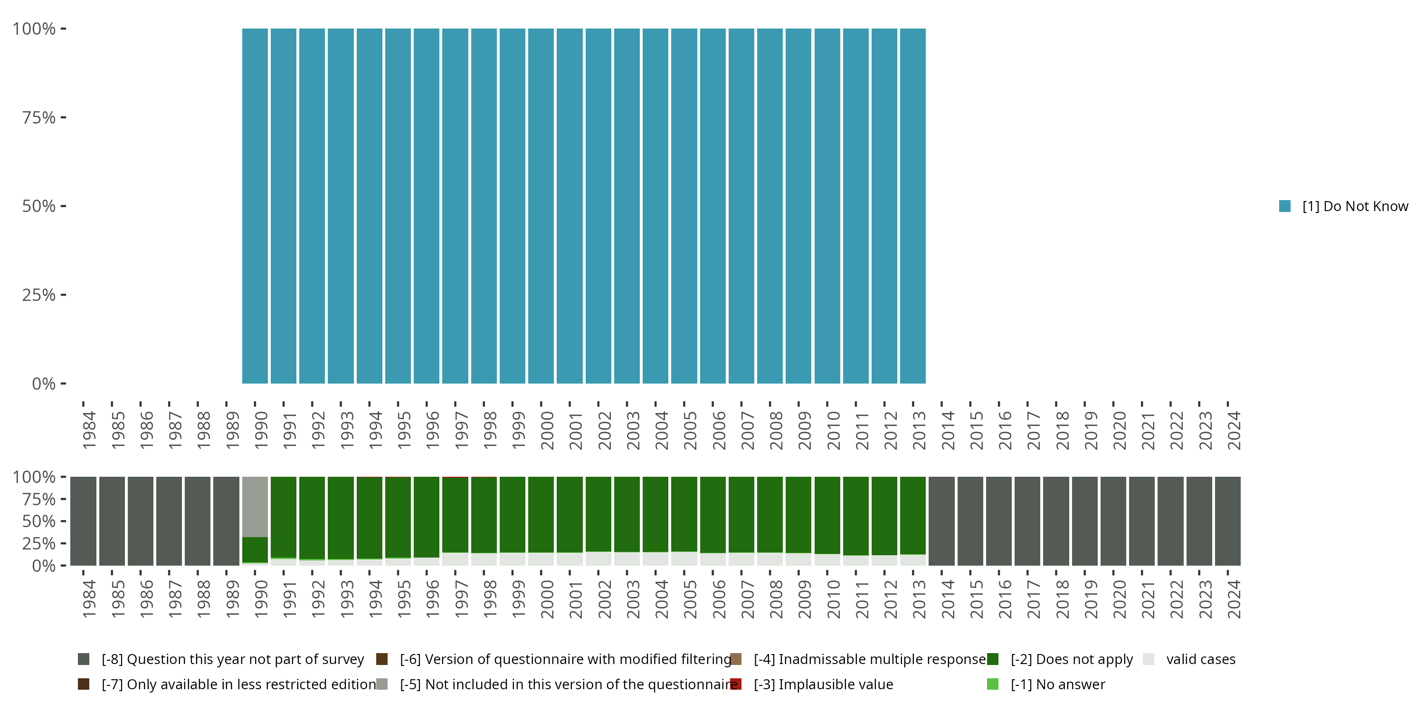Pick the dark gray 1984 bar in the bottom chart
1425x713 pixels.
(84, 521)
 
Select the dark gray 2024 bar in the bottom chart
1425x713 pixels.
(1227, 521)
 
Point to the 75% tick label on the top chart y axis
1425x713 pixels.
(39, 117)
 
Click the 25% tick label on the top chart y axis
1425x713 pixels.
(39, 295)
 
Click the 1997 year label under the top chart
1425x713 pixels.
(461, 430)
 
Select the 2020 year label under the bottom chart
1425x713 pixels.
(1119, 599)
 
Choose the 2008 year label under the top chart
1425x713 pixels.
(776, 430)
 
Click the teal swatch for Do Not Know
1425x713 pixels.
(1285, 206)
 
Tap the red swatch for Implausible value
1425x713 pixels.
(736, 684)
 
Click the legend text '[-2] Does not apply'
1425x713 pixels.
(1072, 659)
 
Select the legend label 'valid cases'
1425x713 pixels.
(1200, 659)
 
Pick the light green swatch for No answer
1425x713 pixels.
(993, 684)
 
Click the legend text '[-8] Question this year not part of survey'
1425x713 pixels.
(232, 659)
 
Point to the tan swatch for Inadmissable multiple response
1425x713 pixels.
(736, 659)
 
